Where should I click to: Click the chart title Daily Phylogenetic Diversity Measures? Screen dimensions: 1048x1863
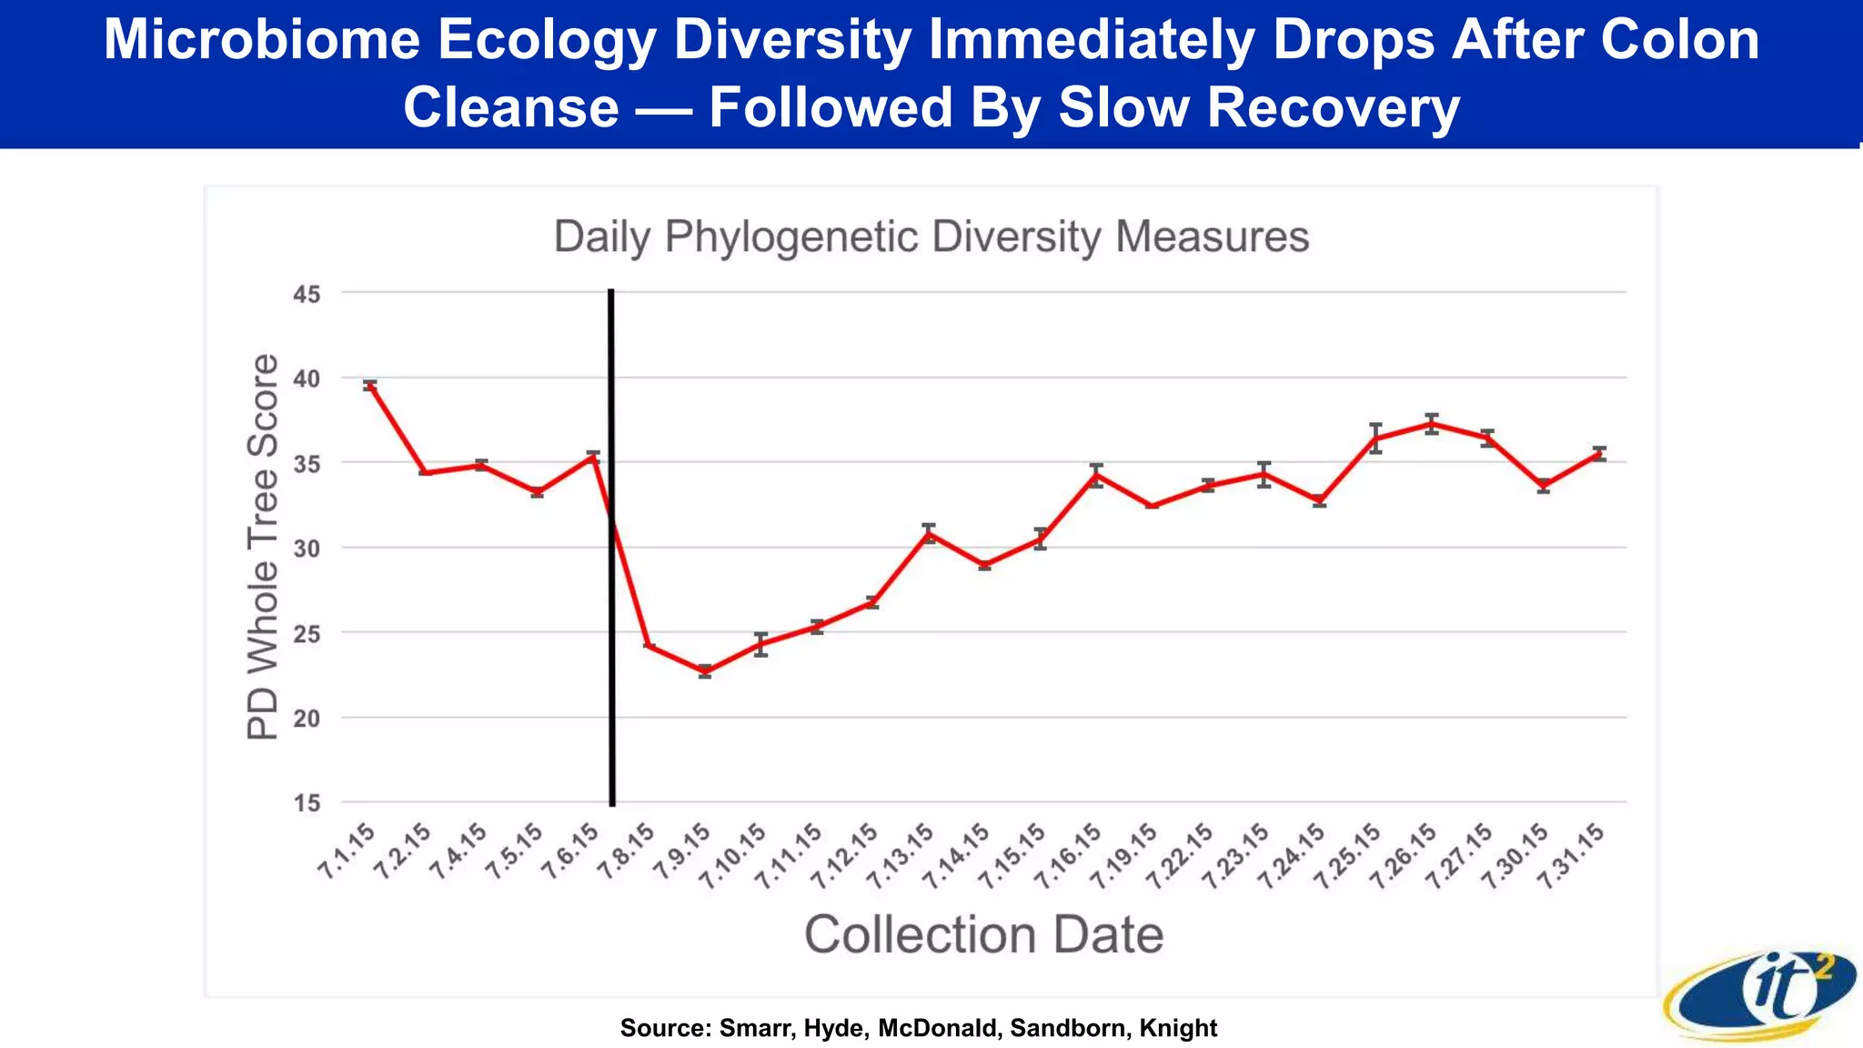[931, 237]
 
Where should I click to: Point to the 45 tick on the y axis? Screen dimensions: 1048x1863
[307, 295]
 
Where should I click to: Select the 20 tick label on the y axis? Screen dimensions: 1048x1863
[307, 719]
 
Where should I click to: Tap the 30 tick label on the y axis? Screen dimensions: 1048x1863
[307, 549]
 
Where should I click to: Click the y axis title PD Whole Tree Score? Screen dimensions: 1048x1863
[263, 547]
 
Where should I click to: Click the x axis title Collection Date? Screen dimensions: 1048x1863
[983, 935]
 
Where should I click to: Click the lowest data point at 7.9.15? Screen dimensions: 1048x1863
[705, 671]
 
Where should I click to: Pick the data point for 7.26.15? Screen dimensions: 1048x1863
[1432, 423]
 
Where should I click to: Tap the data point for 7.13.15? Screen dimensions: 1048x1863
[929, 533]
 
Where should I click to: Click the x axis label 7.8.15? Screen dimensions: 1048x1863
[627, 851]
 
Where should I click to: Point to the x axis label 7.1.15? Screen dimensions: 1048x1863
[347, 851]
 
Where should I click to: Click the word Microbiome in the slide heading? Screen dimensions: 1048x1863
[261, 40]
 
